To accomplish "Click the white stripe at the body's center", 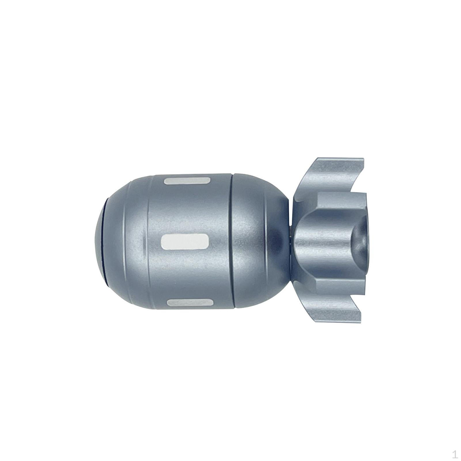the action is [185, 241].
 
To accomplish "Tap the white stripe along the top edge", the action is [187, 181].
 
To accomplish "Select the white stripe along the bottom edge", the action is [190, 302].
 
